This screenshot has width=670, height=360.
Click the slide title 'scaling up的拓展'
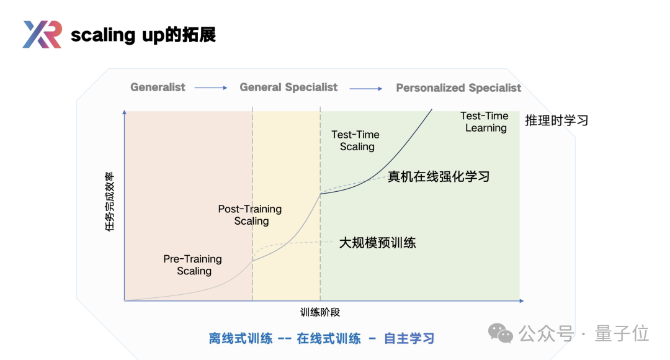[x=143, y=35]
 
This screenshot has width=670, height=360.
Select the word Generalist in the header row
[x=158, y=88]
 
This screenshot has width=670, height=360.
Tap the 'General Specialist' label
[x=288, y=88]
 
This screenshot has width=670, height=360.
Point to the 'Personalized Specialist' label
[x=458, y=88]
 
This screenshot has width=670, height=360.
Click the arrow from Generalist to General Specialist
[x=211, y=88]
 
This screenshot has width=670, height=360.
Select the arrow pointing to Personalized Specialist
[x=366, y=88]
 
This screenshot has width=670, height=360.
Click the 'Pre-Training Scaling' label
[x=193, y=265]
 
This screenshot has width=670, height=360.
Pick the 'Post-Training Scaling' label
[x=251, y=215]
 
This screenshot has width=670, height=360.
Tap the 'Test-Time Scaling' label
[x=355, y=140]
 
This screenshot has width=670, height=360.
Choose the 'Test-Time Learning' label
[x=485, y=122]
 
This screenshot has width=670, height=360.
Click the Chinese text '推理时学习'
[x=556, y=120]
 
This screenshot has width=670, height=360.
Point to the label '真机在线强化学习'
[x=439, y=176]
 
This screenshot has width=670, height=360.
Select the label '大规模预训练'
[x=377, y=243]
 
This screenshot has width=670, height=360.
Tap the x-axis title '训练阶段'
[x=320, y=312]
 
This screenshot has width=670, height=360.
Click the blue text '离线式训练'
[x=241, y=338]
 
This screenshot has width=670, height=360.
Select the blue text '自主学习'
[x=409, y=338]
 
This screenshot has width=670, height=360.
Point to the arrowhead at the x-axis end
[x=520, y=301]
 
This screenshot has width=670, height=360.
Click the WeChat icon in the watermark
[x=501, y=333]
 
